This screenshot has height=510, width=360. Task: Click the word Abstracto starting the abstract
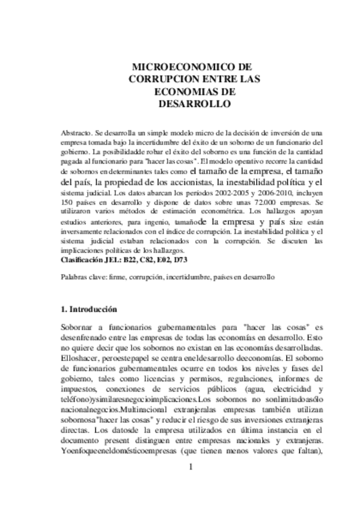tap(76, 132)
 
